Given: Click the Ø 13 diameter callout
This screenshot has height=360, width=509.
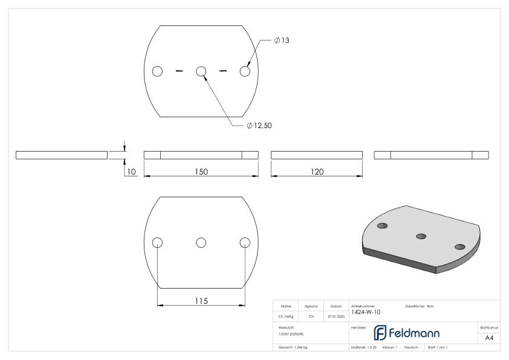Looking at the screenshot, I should (x=283, y=40).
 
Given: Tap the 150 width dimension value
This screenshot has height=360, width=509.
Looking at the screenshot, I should (x=201, y=172).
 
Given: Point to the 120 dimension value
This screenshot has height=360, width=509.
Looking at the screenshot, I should (x=316, y=172).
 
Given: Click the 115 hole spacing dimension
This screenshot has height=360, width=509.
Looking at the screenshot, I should (x=201, y=301).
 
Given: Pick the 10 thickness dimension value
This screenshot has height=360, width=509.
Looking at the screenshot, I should (x=131, y=172).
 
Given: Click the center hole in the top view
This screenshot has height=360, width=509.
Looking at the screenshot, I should (x=201, y=71).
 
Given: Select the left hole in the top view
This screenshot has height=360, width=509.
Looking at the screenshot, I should (x=157, y=71).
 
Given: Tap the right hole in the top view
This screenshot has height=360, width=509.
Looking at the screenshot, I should (x=245, y=71).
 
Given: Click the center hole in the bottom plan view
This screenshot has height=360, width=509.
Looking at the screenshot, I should (x=201, y=242).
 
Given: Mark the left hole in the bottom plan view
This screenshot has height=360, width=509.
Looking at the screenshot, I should (x=157, y=242).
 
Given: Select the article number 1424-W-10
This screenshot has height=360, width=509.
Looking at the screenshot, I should (x=366, y=312).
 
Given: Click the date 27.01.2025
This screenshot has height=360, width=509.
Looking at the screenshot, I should (x=336, y=316).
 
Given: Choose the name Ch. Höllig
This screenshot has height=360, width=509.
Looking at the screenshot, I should (x=286, y=316).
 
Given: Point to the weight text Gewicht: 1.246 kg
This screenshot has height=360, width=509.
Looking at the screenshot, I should (x=293, y=347).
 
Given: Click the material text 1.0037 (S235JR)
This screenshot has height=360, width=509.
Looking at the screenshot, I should (x=290, y=333).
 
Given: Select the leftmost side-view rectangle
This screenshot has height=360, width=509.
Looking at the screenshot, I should (x=61, y=155).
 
